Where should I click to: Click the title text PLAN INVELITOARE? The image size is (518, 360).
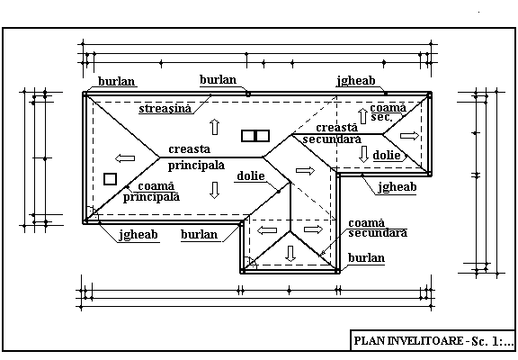point(408,340)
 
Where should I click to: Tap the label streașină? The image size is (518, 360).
point(165,109)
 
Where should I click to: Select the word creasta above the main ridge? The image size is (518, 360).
point(189,149)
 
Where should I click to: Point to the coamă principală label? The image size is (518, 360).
point(152,192)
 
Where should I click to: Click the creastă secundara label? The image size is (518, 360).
point(332,133)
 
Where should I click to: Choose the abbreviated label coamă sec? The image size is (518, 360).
point(388,112)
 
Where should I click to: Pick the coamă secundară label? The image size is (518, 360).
point(378,228)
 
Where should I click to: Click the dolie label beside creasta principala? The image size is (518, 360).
point(251,175)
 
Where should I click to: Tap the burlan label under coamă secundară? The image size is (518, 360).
point(366,257)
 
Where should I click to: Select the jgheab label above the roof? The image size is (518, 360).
point(356,81)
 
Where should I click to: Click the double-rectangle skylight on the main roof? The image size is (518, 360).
point(255,136)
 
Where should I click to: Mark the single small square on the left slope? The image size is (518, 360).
point(110,179)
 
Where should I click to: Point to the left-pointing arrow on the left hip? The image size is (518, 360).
point(125,158)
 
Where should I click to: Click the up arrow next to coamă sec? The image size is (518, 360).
point(363,116)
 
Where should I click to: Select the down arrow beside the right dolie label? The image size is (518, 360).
point(363,154)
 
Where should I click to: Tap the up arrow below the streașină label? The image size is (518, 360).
point(215,127)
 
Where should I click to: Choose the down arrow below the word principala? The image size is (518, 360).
point(215,190)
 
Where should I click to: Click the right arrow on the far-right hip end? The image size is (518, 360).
point(409,136)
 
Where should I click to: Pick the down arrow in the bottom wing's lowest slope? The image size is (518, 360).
point(290,254)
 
